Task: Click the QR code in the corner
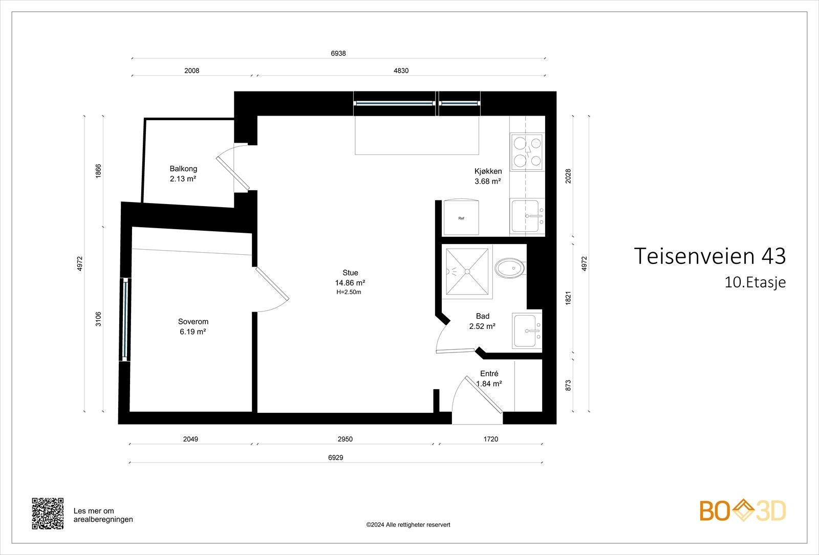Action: [x=48, y=514]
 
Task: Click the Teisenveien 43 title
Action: [x=709, y=256]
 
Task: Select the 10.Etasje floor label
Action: [x=755, y=282]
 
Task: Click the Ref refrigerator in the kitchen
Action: [x=461, y=217]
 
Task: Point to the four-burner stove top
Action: [x=527, y=151]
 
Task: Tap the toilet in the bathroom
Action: [x=510, y=268]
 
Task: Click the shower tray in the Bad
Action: [x=467, y=272]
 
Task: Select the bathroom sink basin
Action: [x=527, y=330]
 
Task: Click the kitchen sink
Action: [x=527, y=216]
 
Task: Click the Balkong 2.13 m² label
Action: [x=183, y=173]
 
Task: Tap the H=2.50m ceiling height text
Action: [x=349, y=292]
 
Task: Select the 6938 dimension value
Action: [x=338, y=53]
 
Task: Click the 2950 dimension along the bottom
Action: [x=345, y=439]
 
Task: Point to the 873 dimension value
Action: [x=568, y=386]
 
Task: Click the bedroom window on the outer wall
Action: [x=125, y=319]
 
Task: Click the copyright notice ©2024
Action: [x=408, y=525]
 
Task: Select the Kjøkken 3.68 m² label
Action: [x=488, y=176]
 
